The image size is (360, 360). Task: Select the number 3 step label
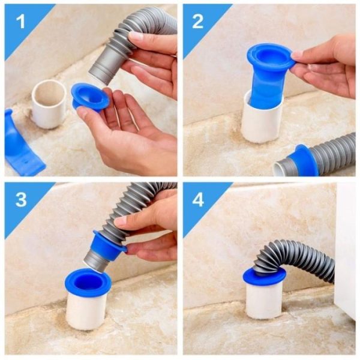point(20,199)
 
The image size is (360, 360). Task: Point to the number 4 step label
point(198,199)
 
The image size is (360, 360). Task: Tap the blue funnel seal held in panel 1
point(89,97)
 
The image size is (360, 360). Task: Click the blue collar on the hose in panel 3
point(108,240)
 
